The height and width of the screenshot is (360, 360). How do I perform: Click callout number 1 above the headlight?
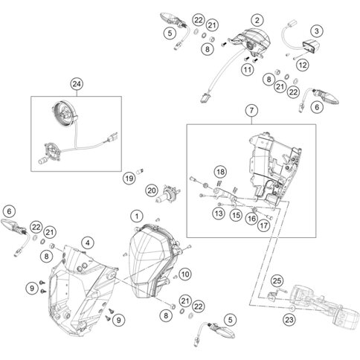click(136, 215)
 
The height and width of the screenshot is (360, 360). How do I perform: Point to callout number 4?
click(88, 242)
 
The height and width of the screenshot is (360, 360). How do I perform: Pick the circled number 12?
click(302, 65)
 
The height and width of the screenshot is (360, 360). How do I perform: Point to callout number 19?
click(129, 178)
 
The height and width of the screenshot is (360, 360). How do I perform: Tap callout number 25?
click(275, 280)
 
